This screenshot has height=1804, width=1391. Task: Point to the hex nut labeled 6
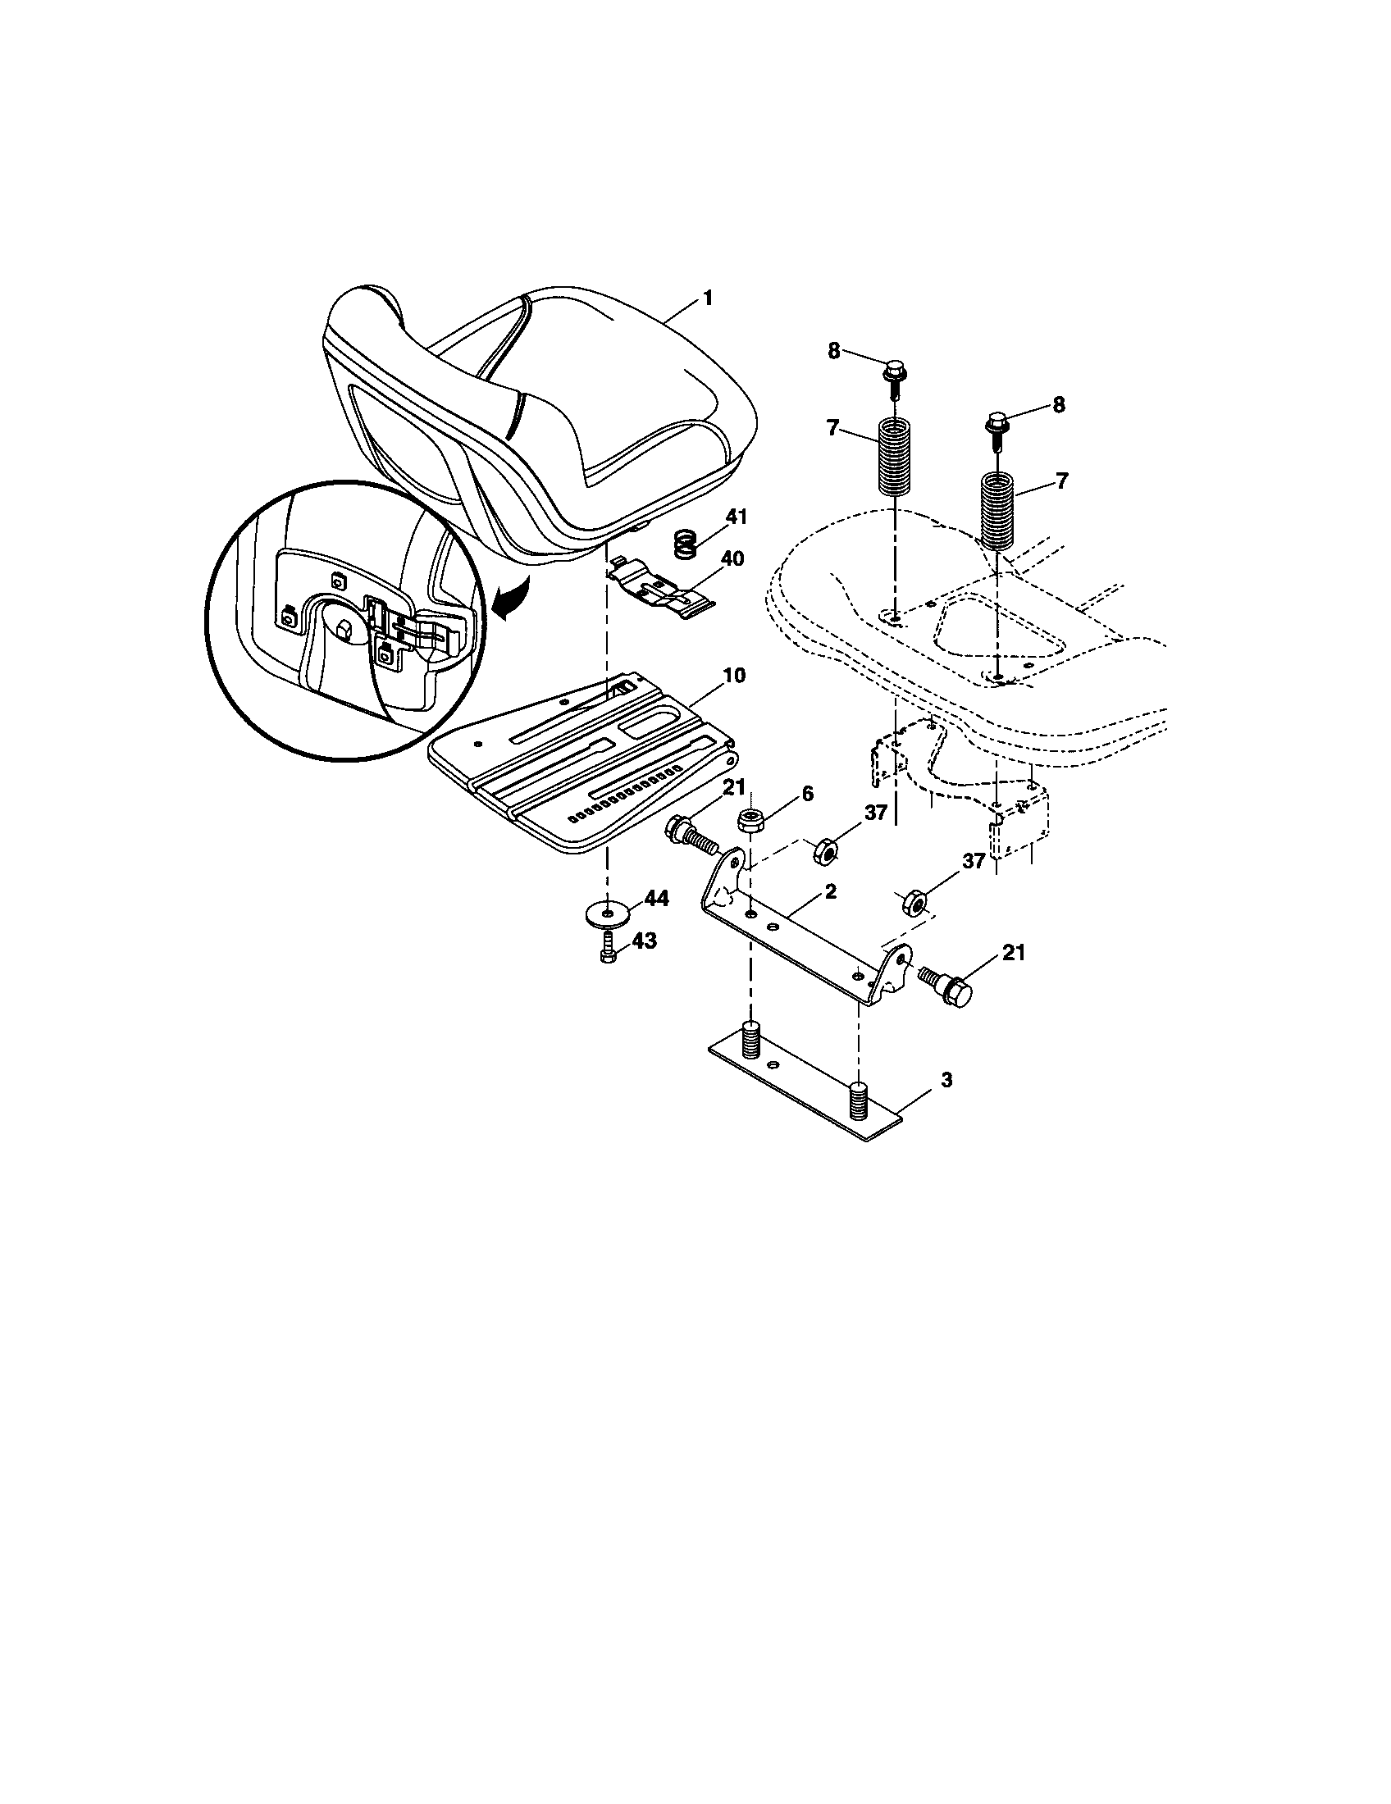(x=749, y=820)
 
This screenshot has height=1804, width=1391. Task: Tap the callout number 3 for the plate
(x=946, y=1080)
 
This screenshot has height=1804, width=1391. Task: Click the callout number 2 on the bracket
(x=830, y=891)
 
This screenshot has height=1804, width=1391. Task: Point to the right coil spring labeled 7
(x=997, y=509)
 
